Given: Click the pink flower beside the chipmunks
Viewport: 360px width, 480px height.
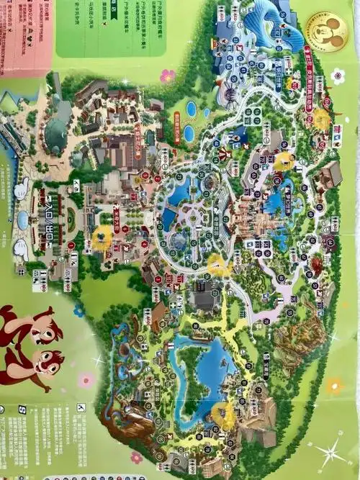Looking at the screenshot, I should point(86,379).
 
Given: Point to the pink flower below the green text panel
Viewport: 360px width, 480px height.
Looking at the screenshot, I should point(167,75).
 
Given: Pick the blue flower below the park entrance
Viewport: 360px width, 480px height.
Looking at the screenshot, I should point(78,311).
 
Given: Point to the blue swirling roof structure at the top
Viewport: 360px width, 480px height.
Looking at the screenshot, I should point(266,25).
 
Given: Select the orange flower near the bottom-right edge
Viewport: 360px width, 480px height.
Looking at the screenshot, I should point(334,386).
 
